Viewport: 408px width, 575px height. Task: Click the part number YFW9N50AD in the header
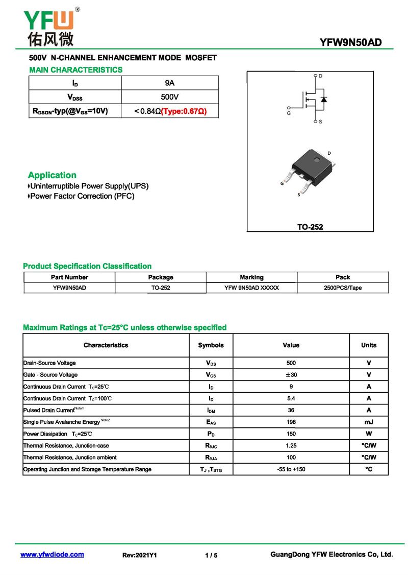[x=350, y=42]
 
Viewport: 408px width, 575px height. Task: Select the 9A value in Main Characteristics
[x=170, y=83]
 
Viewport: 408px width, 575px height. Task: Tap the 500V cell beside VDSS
[x=170, y=97]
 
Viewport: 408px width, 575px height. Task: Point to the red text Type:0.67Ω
[x=184, y=111]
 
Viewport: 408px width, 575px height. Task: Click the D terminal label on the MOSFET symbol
[x=320, y=76]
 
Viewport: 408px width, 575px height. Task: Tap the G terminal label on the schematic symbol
[x=289, y=113]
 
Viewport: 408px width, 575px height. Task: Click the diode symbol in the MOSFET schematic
[x=323, y=99]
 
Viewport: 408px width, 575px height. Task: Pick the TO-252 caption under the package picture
[x=310, y=227]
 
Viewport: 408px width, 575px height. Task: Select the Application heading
[x=52, y=175]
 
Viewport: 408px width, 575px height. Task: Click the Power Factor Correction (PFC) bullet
[x=82, y=196]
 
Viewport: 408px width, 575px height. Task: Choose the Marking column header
[x=251, y=277]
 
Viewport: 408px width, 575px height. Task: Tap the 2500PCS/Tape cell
[x=343, y=288]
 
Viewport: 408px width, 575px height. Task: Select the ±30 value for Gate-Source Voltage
[x=291, y=375]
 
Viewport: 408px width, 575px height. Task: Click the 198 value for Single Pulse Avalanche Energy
[x=291, y=422]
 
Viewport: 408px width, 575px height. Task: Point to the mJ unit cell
[x=369, y=422]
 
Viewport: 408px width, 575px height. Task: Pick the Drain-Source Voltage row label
[x=49, y=363]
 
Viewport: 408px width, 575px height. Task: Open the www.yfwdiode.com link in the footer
[x=52, y=555]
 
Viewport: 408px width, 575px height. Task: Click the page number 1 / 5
[x=211, y=555]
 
